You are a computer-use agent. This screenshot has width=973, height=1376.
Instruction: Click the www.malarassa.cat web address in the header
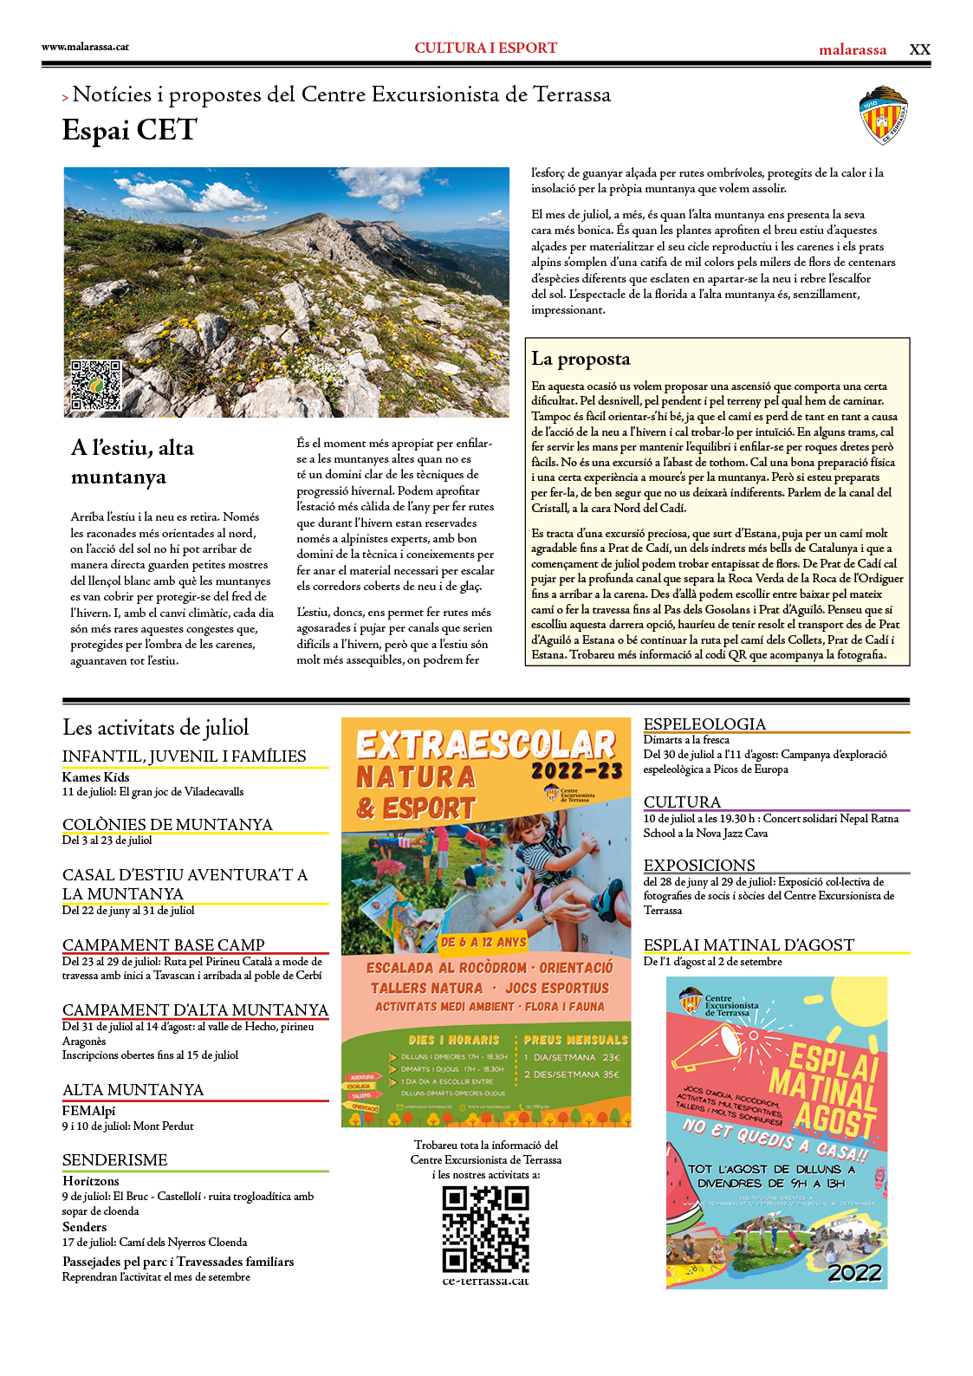(x=85, y=47)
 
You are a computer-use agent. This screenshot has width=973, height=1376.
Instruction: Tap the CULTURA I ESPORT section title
(x=485, y=49)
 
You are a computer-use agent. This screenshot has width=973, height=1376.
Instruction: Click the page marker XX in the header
(x=919, y=49)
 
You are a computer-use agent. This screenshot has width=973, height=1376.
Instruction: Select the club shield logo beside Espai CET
(x=883, y=114)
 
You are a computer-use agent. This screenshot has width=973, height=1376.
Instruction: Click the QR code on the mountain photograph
(x=95, y=385)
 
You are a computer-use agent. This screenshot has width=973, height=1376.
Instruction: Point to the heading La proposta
(x=581, y=359)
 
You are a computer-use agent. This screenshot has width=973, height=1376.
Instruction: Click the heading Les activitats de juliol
(x=155, y=727)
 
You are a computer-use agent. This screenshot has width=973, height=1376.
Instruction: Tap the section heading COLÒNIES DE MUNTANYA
(x=167, y=824)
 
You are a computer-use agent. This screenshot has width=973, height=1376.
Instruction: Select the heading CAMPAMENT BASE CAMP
(x=164, y=944)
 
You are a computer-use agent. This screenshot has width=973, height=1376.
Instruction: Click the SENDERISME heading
(x=115, y=1159)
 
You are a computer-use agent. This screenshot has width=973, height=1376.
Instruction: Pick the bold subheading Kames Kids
(x=95, y=776)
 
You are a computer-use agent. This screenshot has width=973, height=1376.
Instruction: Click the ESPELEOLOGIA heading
(x=704, y=724)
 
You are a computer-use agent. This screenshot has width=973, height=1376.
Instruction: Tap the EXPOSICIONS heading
(x=699, y=865)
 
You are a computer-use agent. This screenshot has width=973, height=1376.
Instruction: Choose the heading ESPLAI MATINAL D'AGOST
(x=749, y=944)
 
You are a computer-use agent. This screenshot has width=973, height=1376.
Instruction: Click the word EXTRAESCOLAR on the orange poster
(x=485, y=744)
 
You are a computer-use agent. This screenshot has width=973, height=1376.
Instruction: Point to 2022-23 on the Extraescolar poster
(x=576, y=770)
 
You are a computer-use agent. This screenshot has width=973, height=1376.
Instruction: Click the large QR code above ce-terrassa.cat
(x=485, y=1229)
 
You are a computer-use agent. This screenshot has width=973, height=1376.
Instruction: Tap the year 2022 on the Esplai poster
(x=854, y=1272)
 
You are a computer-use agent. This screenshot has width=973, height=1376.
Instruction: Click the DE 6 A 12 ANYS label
(x=483, y=942)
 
